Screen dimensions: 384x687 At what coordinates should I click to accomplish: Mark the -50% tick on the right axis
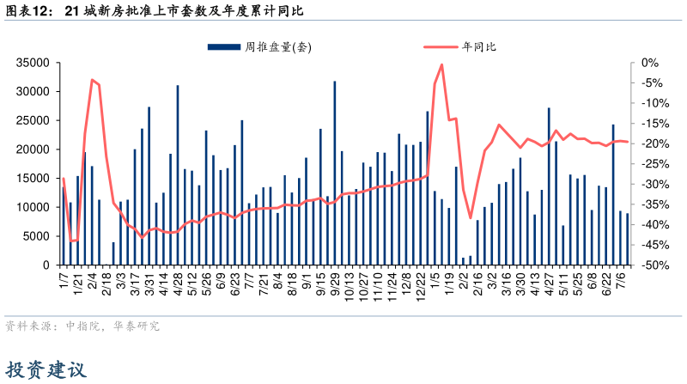pos(653,265)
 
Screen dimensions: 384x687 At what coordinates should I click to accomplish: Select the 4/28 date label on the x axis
pos(179,283)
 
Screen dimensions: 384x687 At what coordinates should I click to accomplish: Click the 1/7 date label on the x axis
pos(63,281)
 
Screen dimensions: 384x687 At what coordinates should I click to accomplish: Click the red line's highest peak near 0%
pos(441,64)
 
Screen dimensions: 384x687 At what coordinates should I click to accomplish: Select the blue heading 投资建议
pos(46,370)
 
